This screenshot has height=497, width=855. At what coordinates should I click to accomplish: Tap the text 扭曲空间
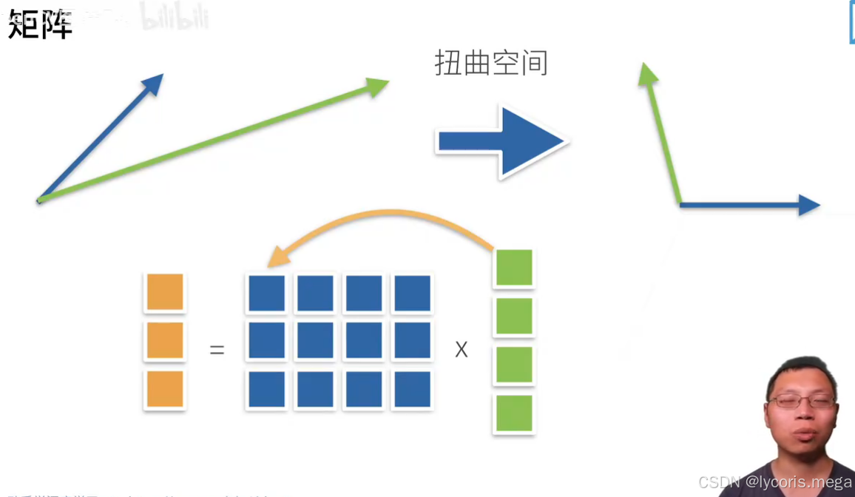(x=491, y=64)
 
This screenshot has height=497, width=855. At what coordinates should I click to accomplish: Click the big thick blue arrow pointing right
(x=502, y=141)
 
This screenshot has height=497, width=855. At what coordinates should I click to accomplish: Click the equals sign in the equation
(x=217, y=349)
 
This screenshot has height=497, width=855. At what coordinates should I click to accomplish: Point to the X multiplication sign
(x=462, y=349)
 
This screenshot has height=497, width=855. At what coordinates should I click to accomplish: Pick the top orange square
(x=165, y=292)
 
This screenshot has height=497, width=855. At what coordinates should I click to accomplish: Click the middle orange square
(x=165, y=340)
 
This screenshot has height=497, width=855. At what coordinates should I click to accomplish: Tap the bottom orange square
(x=165, y=389)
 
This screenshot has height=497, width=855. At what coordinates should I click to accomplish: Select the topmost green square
(x=514, y=268)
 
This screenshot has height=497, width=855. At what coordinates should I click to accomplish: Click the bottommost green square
(x=514, y=413)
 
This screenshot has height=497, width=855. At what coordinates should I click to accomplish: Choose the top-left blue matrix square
(x=267, y=293)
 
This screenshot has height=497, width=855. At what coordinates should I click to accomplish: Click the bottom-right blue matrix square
(x=413, y=390)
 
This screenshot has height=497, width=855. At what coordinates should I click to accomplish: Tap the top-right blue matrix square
(x=413, y=293)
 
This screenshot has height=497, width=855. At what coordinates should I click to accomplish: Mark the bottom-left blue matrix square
(x=267, y=390)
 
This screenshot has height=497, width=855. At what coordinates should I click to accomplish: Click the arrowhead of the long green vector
(x=379, y=86)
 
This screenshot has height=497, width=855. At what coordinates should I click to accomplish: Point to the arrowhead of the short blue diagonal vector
(x=155, y=82)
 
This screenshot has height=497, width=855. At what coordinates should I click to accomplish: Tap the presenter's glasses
(x=801, y=402)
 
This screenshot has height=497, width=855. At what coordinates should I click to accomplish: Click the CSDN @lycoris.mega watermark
(x=775, y=482)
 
